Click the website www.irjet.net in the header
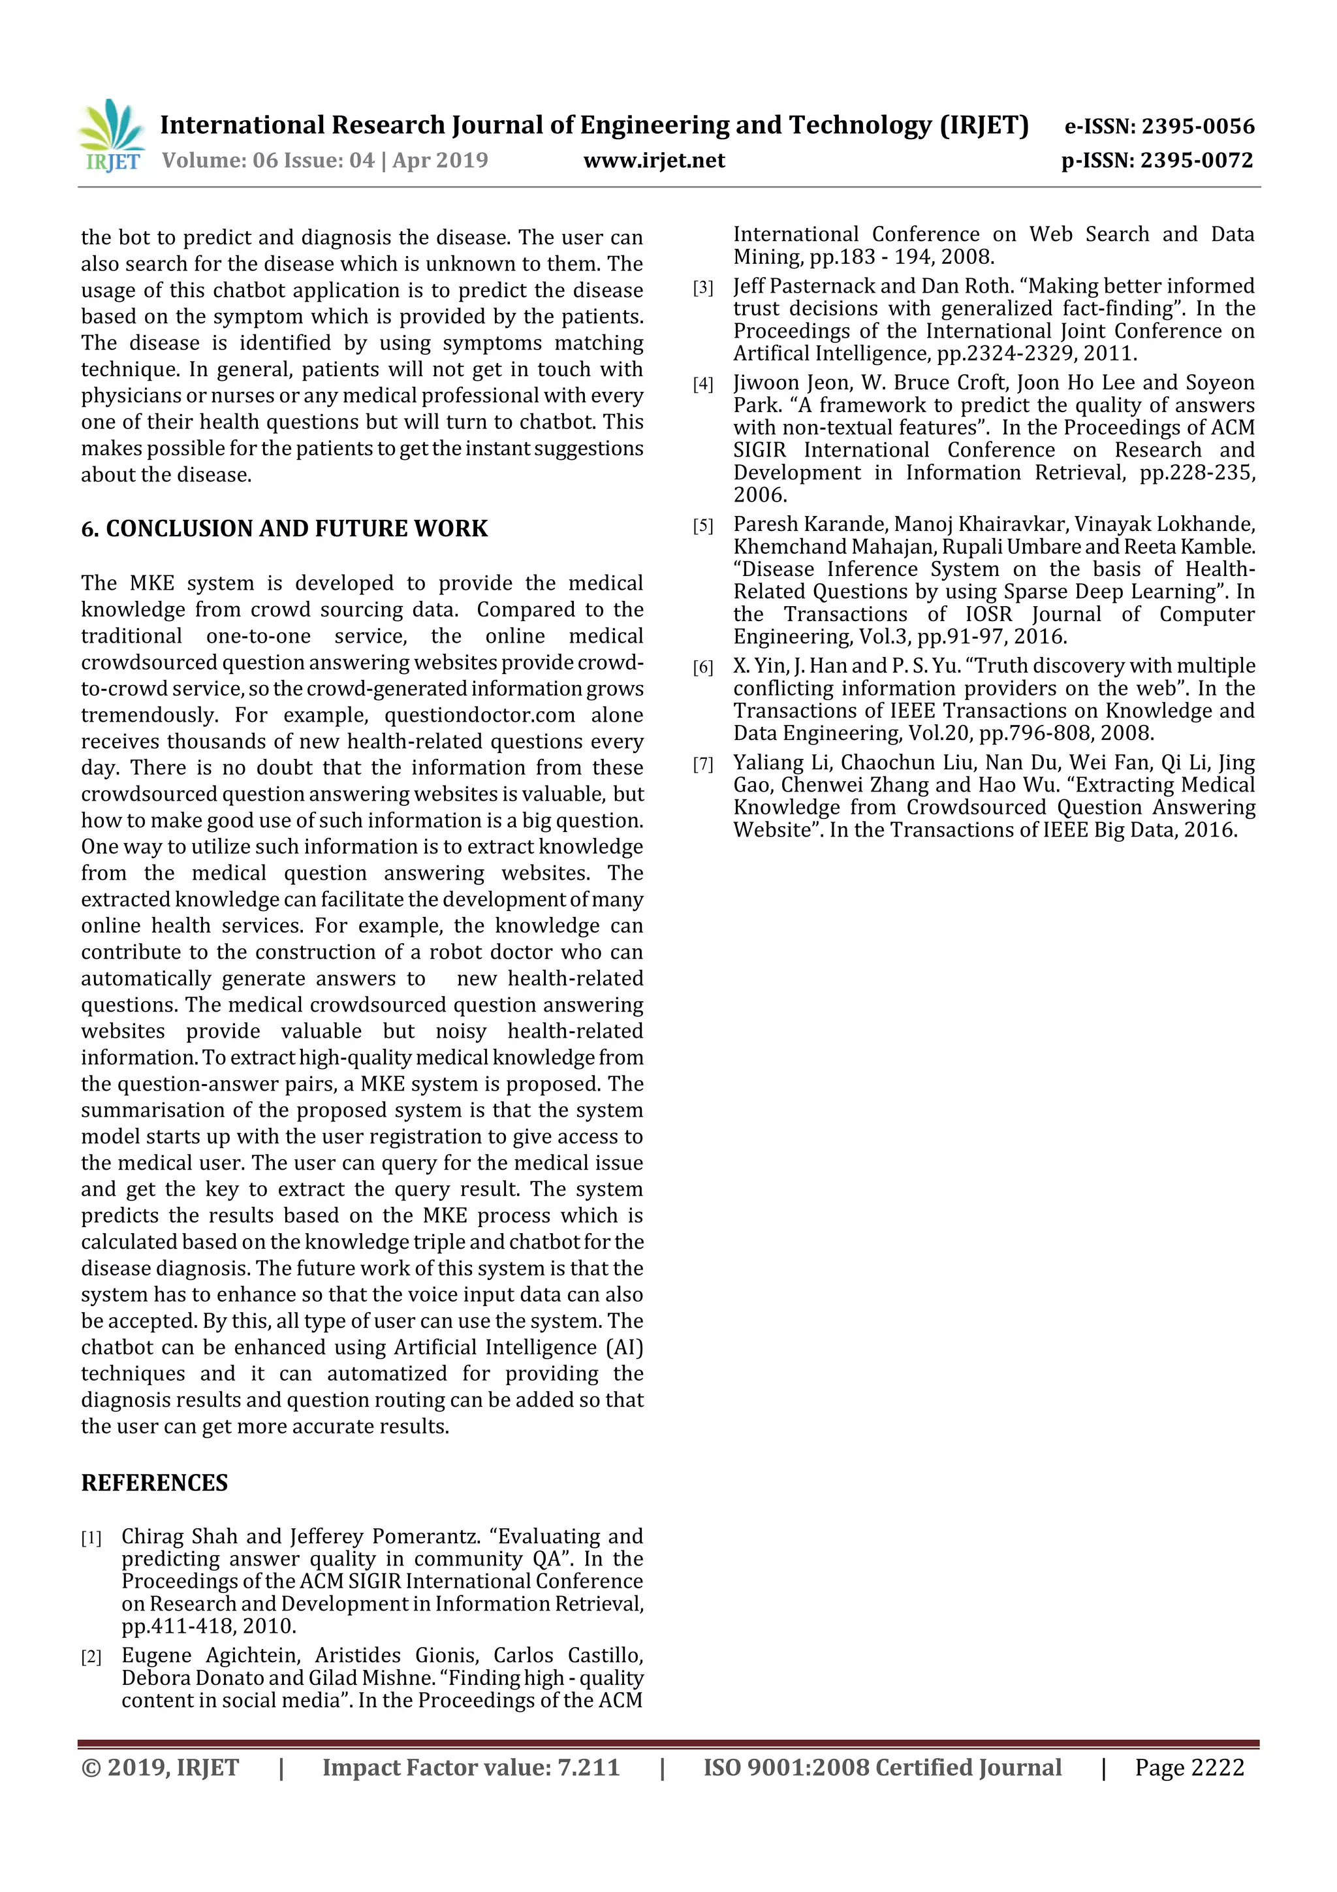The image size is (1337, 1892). [x=654, y=161]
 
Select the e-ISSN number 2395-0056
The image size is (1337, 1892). [x=1198, y=126]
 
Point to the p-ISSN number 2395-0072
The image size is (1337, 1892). [x=1196, y=161]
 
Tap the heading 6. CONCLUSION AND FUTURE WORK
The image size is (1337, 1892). [x=284, y=528]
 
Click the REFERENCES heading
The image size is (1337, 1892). [x=154, y=1483]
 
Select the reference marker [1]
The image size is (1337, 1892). [x=91, y=1537]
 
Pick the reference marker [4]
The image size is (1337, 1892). [x=702, y=384]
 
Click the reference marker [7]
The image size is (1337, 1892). [x=702, y=765]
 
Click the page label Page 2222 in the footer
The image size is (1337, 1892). [x=1189, y=1767]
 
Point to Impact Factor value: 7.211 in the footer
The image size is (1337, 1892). [x=471, y=1767]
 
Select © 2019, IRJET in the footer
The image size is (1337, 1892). [x=160, y=1767]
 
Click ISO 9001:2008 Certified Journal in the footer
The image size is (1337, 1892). [x=882, y=1767]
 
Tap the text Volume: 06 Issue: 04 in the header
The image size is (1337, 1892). [x=268, y=161]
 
